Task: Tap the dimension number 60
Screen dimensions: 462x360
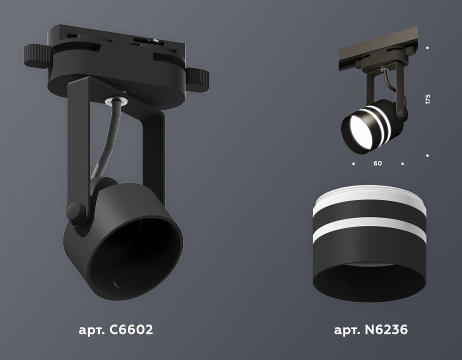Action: point(378,163)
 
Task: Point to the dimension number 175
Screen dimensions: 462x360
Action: point(428,99)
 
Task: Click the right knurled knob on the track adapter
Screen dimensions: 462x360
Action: point(197,79)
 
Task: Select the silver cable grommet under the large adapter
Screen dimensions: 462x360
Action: point(116,101)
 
